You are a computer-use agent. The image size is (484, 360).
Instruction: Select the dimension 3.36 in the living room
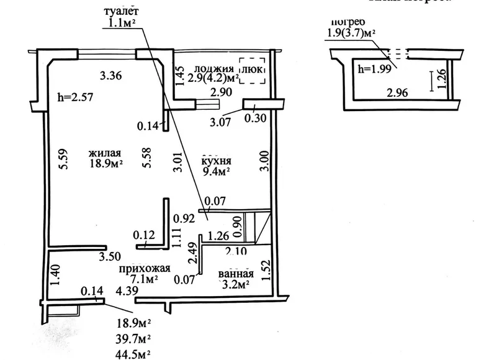pos(111,76)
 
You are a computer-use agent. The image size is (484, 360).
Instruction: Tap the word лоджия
pos(213,69)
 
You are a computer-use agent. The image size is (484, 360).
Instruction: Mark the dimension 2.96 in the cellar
pos(397,94)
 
